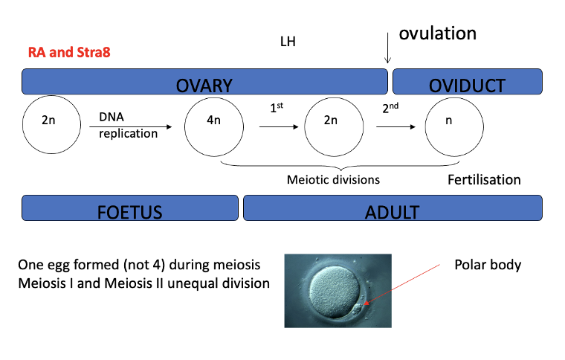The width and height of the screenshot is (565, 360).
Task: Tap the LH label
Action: tap(287, 42)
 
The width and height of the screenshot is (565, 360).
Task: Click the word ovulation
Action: tap(437, 33)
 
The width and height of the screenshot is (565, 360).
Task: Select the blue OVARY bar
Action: tap(204, 82)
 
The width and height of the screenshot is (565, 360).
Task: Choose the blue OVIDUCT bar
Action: tap(466, 82)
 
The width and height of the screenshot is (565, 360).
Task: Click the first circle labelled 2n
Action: tap(48, 121)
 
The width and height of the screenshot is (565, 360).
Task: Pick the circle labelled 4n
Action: tap(214, 121)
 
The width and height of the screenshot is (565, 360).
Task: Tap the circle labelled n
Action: tap(448, 121)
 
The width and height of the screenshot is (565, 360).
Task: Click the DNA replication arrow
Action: tap(136, 127)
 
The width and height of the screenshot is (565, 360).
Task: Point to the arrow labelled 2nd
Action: tap(395, 127)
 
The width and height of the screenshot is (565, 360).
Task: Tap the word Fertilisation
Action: tap(484, 180)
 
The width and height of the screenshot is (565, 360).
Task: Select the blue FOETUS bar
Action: tap(130, 208)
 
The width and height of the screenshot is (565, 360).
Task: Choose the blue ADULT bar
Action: tap(392, 208)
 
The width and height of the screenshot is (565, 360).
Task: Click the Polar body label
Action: tap(487, 265)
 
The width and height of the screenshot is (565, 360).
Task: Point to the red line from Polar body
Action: tap(409, 283)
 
